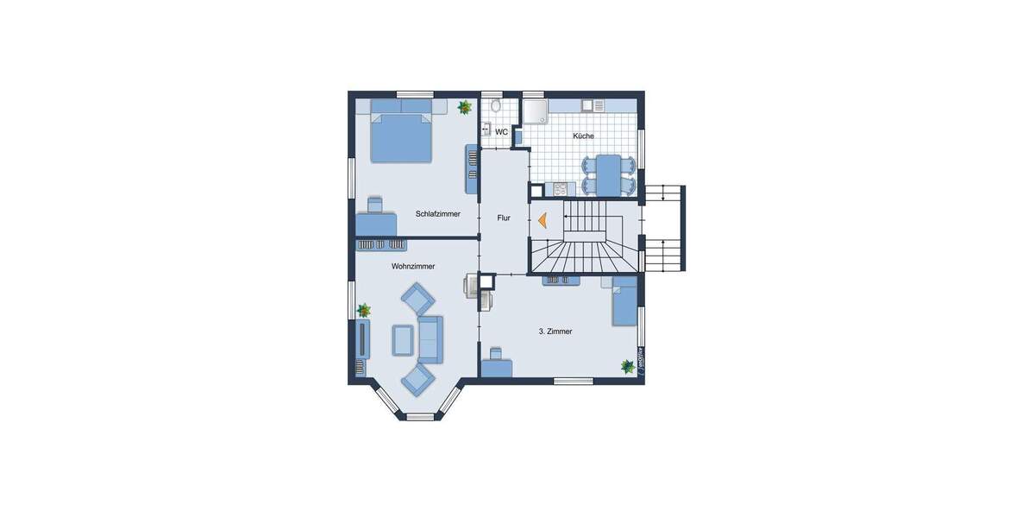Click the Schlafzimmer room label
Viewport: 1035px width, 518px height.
(x=437, y=213)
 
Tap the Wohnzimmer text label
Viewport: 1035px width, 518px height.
(x=413, y=267)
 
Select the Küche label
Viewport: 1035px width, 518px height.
(x=583, y=136)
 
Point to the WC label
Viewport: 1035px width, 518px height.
(x=501, y=132)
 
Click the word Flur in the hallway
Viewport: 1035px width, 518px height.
(x=504, y=218)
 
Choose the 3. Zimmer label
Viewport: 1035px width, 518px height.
(x=555, y=331)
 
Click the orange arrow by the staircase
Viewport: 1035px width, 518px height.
(x=543, y=221)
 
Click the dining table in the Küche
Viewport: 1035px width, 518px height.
(x=611, y=174)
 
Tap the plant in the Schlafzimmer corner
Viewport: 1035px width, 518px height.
(x=465, y=107)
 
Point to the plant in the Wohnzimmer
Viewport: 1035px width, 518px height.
(x=364, y=309)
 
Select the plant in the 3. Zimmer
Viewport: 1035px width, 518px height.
(x=628, y=366)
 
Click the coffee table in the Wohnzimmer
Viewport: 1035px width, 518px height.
(x=403, y=338)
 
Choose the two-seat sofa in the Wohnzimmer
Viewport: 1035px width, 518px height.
(x=430, y=338)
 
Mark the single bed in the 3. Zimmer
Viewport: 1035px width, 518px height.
(x=624, y=303)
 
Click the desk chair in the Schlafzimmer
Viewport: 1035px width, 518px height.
(x=375, y=205)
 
